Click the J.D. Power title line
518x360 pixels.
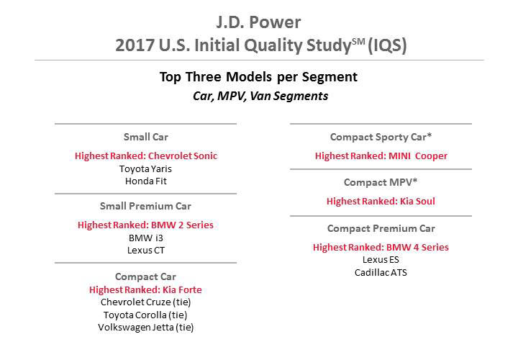pyautogui.click(x=258, y=22)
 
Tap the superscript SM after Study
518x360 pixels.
pyautogui.click(x=358, y=42)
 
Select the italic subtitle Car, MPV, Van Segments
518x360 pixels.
pyautogui.click(x=260, y=96)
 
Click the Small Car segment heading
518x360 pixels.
pyautogui.click(x=145, y=137)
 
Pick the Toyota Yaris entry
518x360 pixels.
pyautogui.click(x=145, y=169)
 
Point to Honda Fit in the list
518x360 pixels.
pyautogui.click(x=145, y=181)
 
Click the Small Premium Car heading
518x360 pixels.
pyautogui.click(x=145, y=207)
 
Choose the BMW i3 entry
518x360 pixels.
pyautogui.click(x=145, y=238)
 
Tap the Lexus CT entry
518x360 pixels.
pyautogui.click(x=145, y=251)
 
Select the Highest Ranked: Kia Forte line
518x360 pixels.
pyautogui.click(x=145, y=290)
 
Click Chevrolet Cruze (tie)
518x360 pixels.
pyautogui.click(x=145, y=302)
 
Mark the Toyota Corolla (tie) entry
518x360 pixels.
pyautogui.click(x=145, y=315)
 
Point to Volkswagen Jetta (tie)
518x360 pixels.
pyautogui.click(x=145, y=328)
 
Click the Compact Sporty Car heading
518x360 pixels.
pyautogui.click(x=381, y=137)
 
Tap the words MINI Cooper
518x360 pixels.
pyautogui.click(x=418, y=156)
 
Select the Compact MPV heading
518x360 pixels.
pyautogui.click(x=381, y=182)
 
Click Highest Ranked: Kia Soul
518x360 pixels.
pyautogui.click(x=381, y=201)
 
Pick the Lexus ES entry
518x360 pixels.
pyautogui.click(x=381, y=260)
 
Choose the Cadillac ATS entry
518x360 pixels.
pyautogui.click(x=381, y=272)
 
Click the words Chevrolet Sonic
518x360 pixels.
pyautogui.click(x=183, y=156)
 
